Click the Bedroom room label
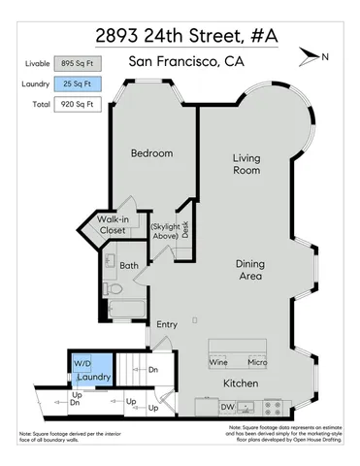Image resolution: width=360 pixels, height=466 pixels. pos(152,153)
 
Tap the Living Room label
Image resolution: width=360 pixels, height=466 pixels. pos(246,164)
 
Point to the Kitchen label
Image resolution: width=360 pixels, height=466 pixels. pos(240,384)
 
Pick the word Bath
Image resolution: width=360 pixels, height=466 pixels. pos(129,264)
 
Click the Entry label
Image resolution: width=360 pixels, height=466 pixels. pos(167,324)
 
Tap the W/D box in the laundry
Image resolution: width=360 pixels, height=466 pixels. pos(82,362)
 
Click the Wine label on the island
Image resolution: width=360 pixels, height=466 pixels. pos(219,362)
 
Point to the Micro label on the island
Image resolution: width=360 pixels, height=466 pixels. pos(256,362)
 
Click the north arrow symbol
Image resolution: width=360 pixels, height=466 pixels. pos(310,55)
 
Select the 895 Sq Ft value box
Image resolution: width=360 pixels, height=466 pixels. pos(78,63)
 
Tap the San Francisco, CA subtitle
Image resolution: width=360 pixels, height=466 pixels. pos(185,63)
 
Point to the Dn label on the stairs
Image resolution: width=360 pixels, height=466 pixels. pos(152,369)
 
